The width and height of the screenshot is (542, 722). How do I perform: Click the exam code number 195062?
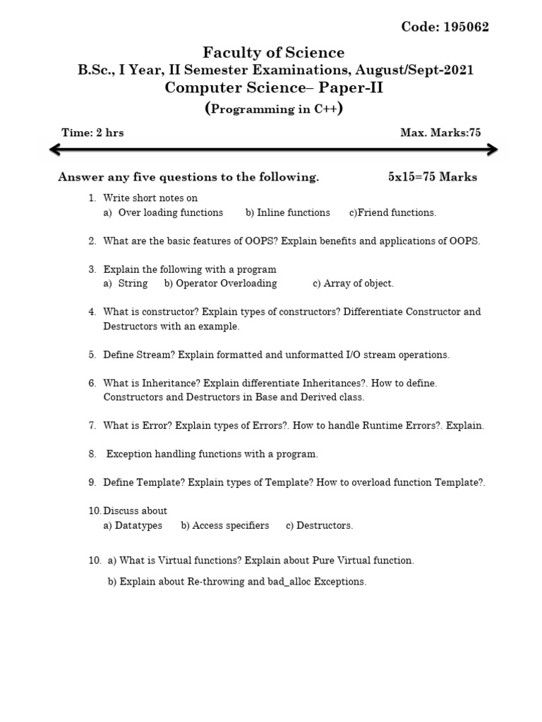(x=466, y=27)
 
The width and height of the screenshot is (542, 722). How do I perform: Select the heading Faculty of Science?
(x=274, y=52)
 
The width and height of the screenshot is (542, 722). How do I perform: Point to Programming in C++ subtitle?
(x=275, y=109)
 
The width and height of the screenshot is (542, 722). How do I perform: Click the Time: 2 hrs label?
(x=92, y=133)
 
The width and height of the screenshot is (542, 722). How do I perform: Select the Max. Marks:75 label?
(x=440, y=133)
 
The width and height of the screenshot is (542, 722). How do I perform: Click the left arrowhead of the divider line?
(x=54, y=149)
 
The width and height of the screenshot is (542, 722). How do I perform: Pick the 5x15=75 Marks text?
(x=432, y=177)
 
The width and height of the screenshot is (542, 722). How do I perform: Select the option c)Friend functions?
(x=393, y=212)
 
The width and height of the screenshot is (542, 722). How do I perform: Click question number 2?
(x=92, y=241)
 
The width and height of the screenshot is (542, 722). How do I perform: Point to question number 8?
(x=92, y=454)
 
